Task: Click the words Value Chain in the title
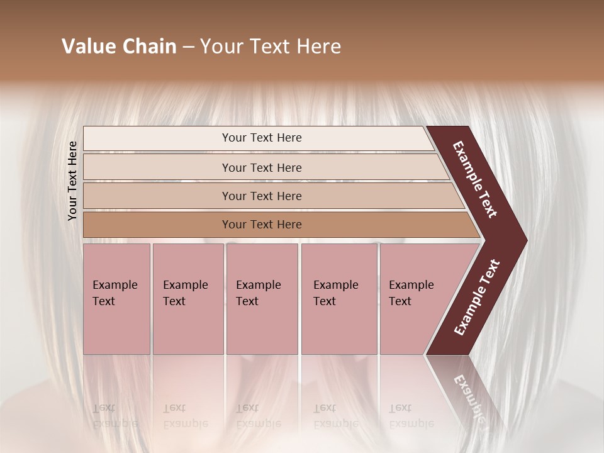[x=119, y=47]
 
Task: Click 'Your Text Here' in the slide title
[x=271, y=47]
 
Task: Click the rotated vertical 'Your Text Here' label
[x=72, y=181]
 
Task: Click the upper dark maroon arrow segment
[x=475, y=179]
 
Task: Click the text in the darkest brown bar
[x=262, y=225]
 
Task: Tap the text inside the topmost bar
[x=262, y=138]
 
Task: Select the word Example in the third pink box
[x=258, y=285]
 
